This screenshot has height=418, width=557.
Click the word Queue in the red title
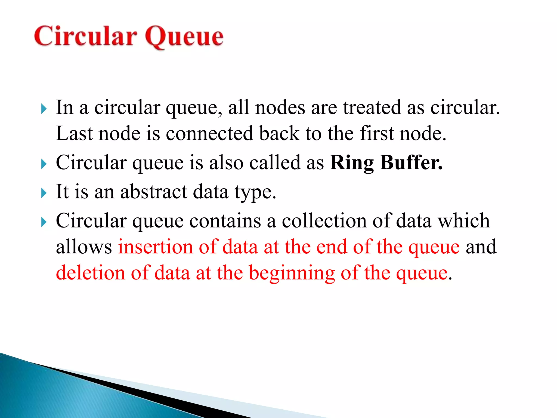tap(184, 37)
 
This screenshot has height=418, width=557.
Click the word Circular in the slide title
tap(85, 36)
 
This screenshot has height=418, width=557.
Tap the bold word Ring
tap(352, 163)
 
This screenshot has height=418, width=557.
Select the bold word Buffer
tap(411, 163)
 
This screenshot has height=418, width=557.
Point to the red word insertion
tap(155, 247)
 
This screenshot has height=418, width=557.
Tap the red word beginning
tap(292, 273)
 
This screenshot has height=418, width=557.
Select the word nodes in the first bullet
tap(280, 107)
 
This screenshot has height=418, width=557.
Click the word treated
tap(372, 107)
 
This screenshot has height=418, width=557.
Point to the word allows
tap(84, 247)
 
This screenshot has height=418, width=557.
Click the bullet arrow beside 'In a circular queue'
tap(44, 109)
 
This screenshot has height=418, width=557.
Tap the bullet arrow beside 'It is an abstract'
tap(44, 193)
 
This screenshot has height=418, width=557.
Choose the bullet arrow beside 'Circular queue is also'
tap(44, 164)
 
